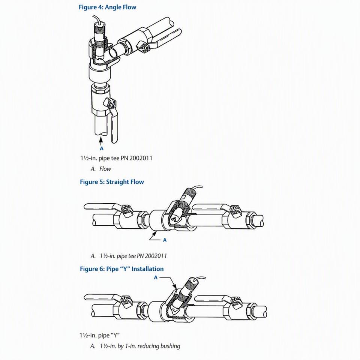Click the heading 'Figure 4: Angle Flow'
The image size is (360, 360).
coord(108,7)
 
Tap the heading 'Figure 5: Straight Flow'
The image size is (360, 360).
coord(112,182)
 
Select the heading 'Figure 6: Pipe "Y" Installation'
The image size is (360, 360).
coord(121,269)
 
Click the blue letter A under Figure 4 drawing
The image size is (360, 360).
coord(102,148)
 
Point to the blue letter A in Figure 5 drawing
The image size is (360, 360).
coord(165,240)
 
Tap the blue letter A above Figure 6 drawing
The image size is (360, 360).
coord(156,277)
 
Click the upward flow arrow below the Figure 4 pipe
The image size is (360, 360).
coord(101,141)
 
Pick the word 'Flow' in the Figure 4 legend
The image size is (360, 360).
coord(105,169)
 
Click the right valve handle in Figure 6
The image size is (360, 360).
coord(211,298)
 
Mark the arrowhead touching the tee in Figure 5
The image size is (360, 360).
coord(156,233)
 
